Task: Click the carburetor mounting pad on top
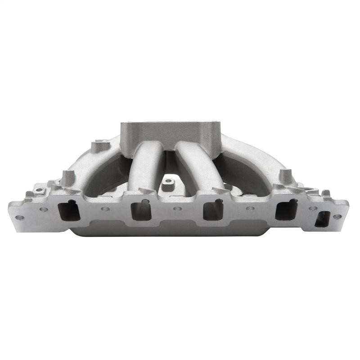pyautogui.click(x=171, y=133)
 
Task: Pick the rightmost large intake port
pyautogui.click(x=286, y=210)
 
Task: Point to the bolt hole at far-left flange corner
pyautogui.click(x=20, y=217)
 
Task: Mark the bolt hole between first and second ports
pyautogui.click(x=105, y=209)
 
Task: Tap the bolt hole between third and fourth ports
pyautogui.click(x=250, y=209)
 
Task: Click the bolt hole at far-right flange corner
pyautogui.click(x=337, y=216)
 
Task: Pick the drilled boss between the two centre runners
pyautogui.click(x=169, y=182)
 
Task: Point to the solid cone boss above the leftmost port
pyautogui.click(x=67, y=177)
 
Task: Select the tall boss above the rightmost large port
pyautogui.click(x=284, y=175)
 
